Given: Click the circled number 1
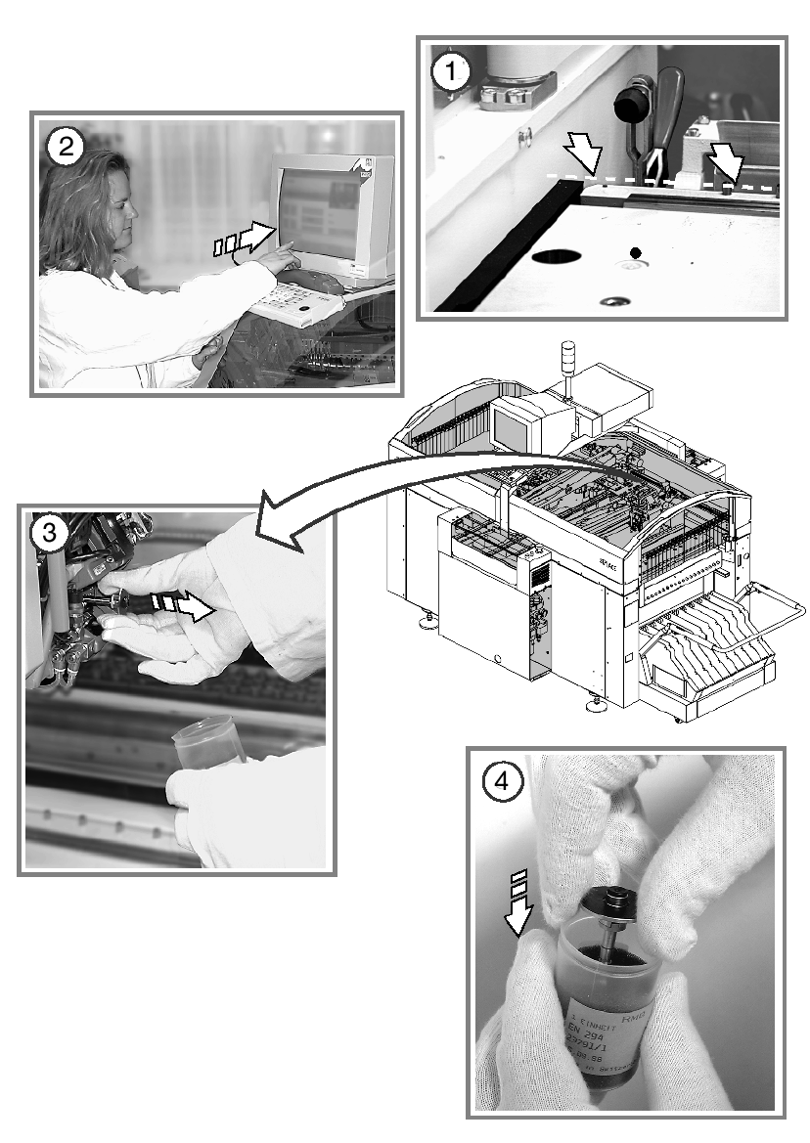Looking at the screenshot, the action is pyautogui.click(x=451, y=71).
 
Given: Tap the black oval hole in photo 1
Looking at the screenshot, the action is pyautogui.click(x=557, y=258).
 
